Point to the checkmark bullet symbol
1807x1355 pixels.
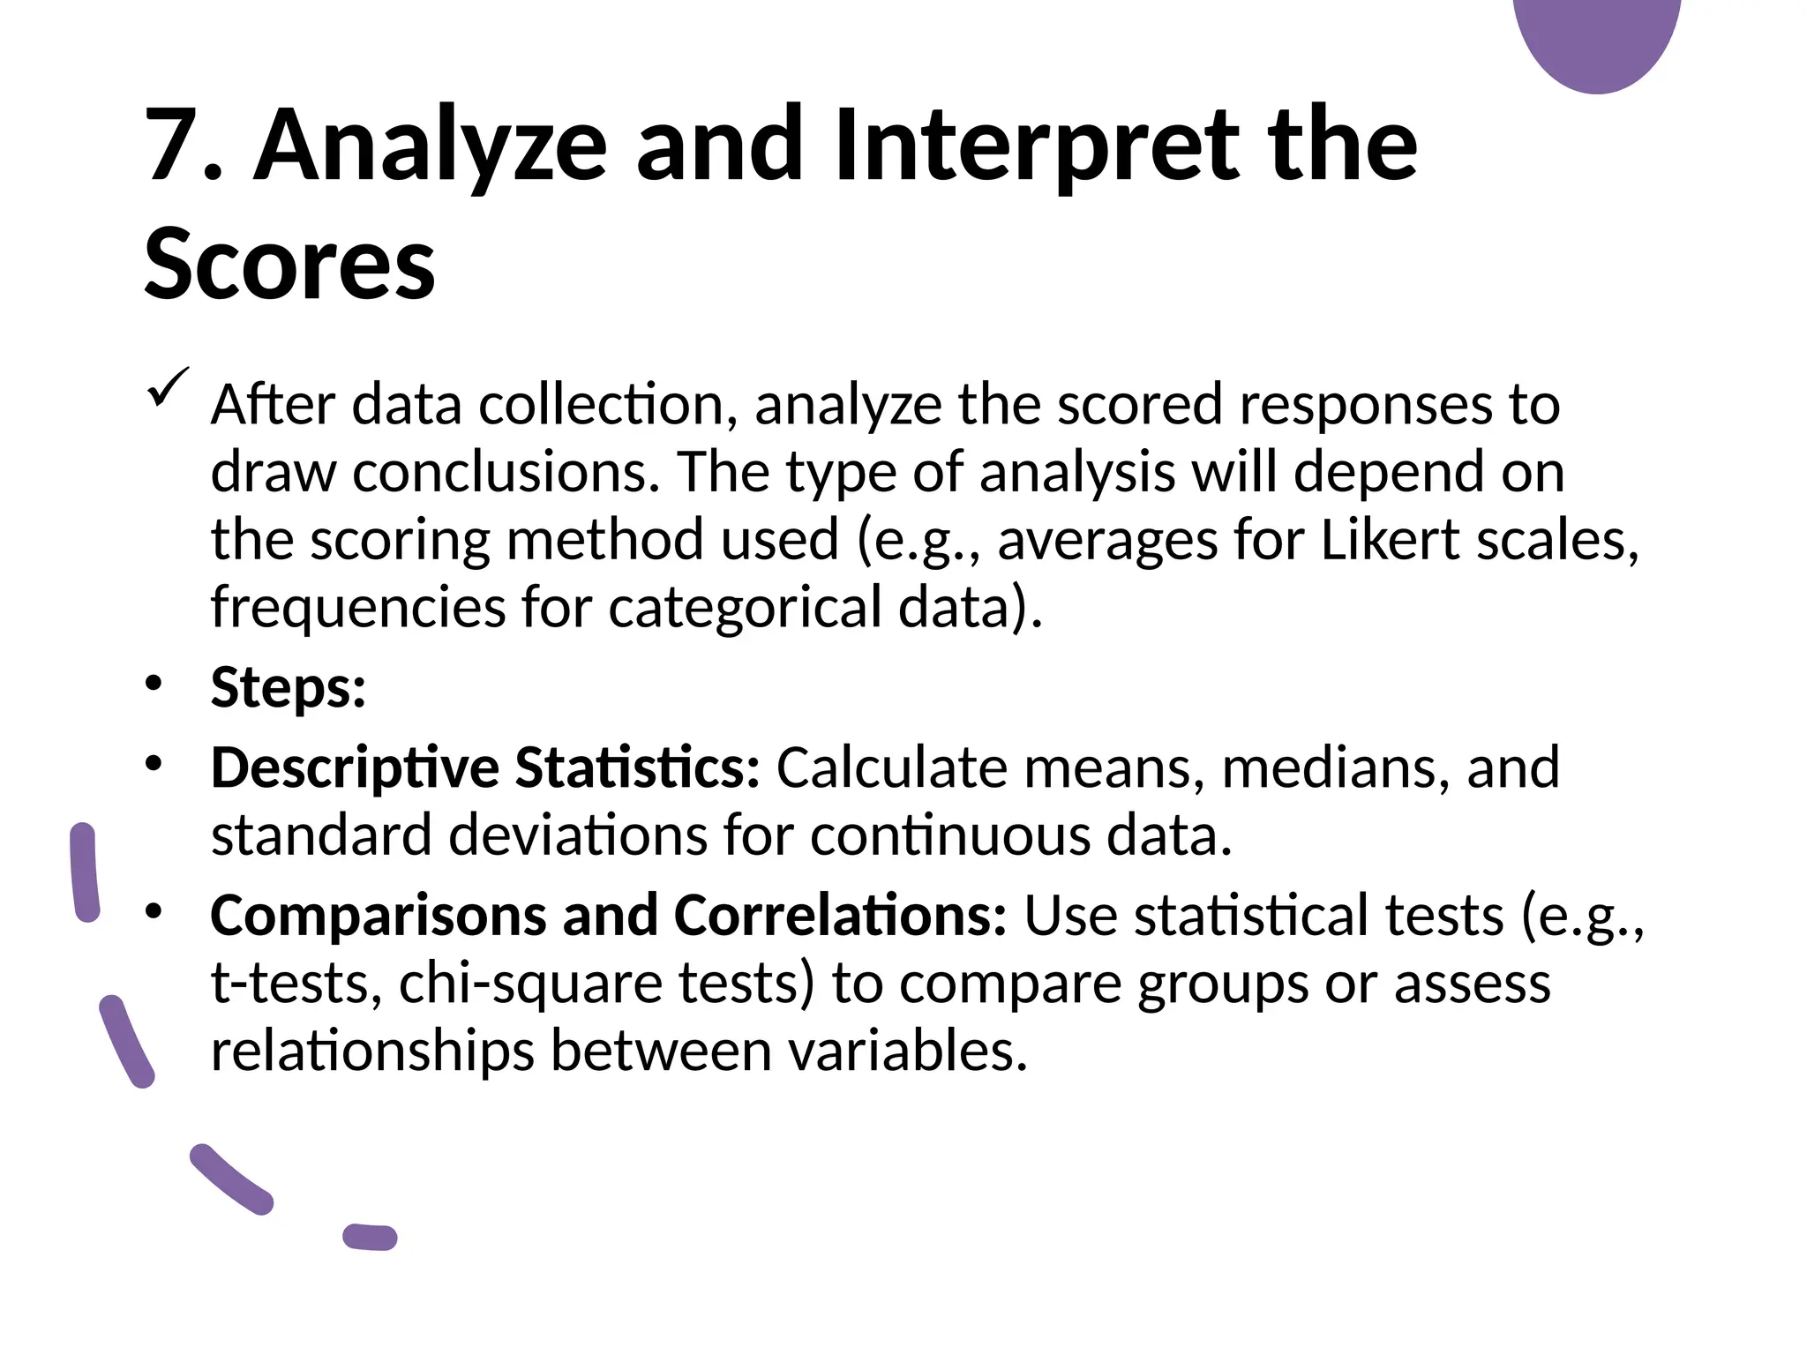pos(168,389)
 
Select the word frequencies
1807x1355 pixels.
pos(357,608)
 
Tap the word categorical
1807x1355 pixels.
pos(745,608)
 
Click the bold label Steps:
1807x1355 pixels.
pos(289,687)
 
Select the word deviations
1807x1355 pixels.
pos(578,835)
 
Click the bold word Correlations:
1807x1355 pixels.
pos(840,915)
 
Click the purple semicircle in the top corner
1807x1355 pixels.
pos(1597,40)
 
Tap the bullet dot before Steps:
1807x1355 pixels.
pos(154,684)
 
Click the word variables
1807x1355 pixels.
pos(909,1051)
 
